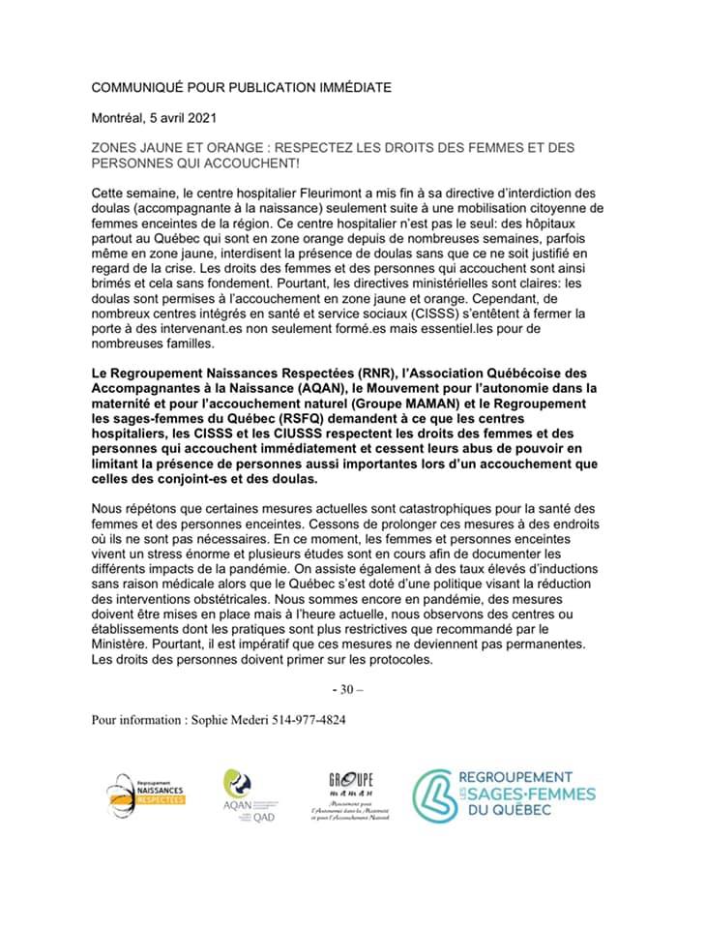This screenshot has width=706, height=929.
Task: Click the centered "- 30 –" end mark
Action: pyautogui.click(x=346, y=690)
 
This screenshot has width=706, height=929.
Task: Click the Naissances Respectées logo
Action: pyautogui.click(x=145, y=794)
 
